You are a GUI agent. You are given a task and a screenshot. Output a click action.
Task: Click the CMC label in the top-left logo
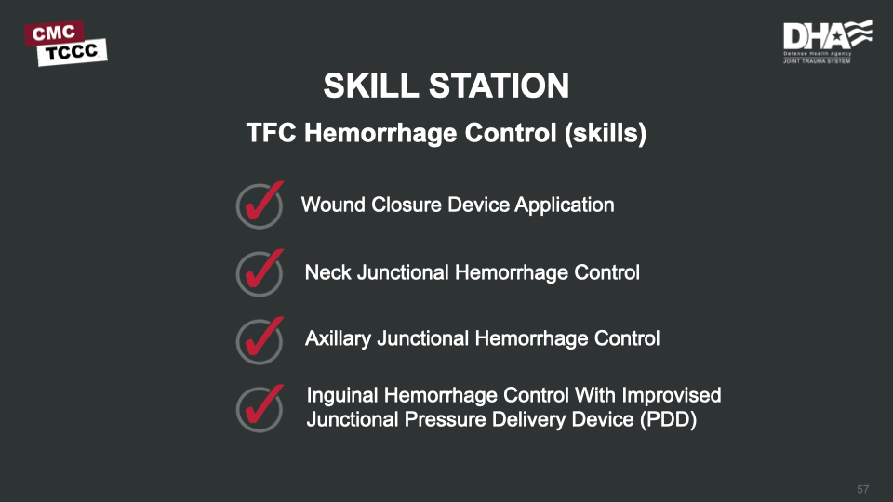(x=54, y=33)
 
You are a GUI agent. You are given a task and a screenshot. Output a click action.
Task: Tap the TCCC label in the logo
(x=73, y=52)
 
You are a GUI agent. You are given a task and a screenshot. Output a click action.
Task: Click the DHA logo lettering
(x=816, y=36)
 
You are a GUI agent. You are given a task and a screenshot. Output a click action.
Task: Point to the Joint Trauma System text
(x=817, y=61)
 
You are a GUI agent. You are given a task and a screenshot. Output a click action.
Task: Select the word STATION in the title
(x=499, y=86)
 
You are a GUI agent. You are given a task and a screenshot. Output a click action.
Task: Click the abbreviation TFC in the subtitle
(x=271, y=133)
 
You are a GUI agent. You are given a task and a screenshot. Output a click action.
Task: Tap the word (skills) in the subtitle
(x=606, y=133)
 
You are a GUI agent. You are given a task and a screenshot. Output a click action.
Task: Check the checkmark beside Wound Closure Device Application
(x=260, y=204)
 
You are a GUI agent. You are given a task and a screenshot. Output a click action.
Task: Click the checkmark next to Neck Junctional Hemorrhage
(x=260, y=271)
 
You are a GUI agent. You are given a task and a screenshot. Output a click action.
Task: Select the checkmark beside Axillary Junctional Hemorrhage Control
(x=260, y=339)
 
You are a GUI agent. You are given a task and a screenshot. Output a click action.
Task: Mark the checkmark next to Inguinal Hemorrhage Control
(x=260, y=407)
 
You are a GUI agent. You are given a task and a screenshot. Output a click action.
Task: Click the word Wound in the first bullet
(x=333, y=205)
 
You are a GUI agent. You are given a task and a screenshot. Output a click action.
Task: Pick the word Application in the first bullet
(x=565, y=205)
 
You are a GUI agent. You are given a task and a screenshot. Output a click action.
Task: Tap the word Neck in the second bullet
(x=328, y=272)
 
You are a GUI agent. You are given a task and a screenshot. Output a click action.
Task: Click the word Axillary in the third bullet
(x=338, y=339)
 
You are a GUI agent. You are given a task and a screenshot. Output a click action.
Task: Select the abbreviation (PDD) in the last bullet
(x=668, y=420)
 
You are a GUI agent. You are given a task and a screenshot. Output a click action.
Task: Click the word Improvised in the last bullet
(x=672, y=396)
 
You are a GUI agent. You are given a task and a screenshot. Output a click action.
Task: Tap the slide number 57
(x=863, y=490)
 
